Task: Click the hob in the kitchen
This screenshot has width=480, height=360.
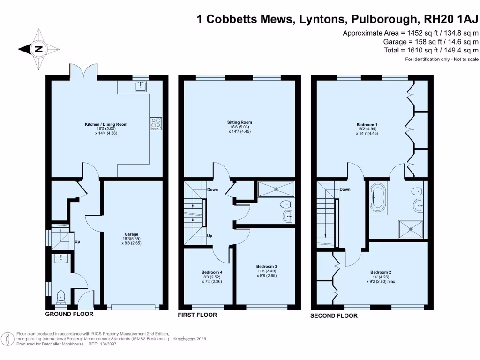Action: pos(156,123)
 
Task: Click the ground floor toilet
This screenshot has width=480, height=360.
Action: pos(60,296)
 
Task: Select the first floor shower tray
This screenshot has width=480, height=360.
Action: pos(277,189)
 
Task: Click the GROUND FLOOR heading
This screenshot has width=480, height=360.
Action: pos(69,314)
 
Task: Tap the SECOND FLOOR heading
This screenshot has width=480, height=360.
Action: pos(334,316)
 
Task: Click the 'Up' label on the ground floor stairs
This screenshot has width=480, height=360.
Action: pos(77,242)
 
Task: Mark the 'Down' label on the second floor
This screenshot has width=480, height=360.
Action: pos(345,190)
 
